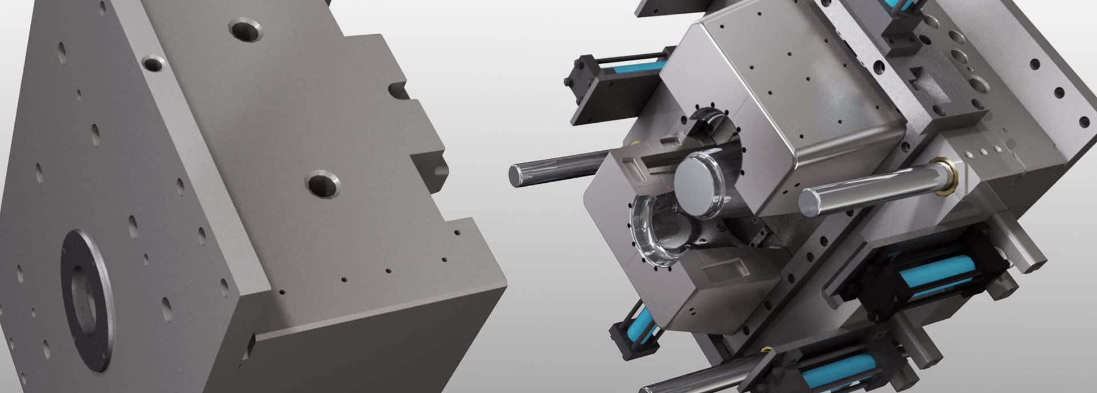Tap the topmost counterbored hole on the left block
pos(246,30)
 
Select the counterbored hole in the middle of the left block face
pos(323,184)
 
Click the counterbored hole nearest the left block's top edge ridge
pos(153,63)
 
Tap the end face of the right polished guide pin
pos(808,203)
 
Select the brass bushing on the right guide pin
pos(946,178)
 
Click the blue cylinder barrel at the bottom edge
pos(834,371)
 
